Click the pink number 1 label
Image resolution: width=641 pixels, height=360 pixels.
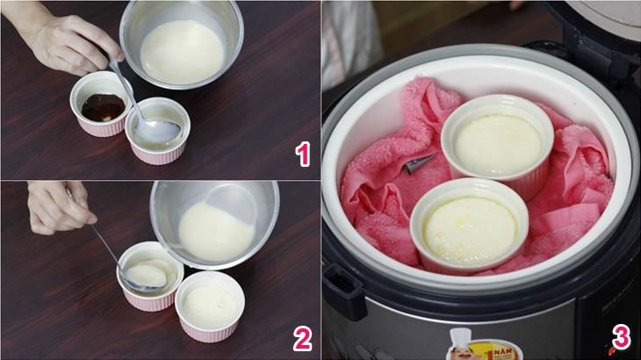click(303, 156)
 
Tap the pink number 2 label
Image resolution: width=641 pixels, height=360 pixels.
click(303, 338)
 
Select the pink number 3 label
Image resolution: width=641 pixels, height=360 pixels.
click(620, 338)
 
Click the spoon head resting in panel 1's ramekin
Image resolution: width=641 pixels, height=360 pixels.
click(159, 130)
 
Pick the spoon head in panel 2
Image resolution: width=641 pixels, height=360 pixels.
click(146, 277)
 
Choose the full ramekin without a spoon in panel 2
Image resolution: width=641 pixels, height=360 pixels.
click(209, 307)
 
